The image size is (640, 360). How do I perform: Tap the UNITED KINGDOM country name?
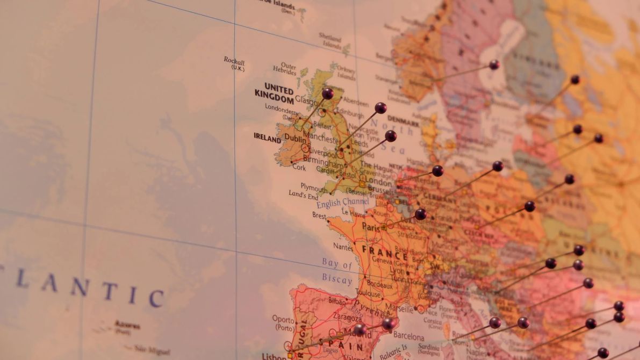coord(274,92)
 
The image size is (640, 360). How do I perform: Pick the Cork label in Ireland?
coord(299,167)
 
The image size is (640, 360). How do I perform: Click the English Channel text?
coord(342,202)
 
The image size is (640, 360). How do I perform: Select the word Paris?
coord(371,227)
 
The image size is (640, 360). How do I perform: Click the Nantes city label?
coord(343,247)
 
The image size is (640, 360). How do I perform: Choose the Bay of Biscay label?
coord(337,271)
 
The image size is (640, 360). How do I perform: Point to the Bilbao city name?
coord(337,301)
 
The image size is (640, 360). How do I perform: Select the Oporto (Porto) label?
coord(283,322)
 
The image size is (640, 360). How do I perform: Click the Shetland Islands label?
coord(330,41)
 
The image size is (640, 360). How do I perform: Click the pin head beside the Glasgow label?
coord(327,93)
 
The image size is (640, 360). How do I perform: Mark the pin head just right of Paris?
coord(420,214)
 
